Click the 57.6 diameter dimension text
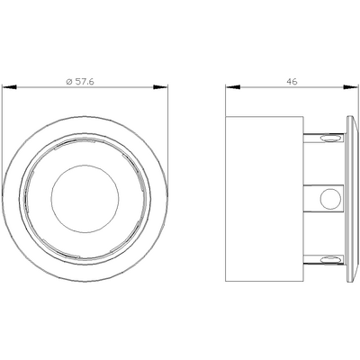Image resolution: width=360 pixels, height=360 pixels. tap(86, 81)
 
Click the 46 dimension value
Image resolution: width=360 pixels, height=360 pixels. tap(291, 81)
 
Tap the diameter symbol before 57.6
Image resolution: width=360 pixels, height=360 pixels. tap(70, 81)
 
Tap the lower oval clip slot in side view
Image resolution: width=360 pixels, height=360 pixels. tap(330, 259)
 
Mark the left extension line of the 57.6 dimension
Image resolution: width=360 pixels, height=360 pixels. tap(5, 135)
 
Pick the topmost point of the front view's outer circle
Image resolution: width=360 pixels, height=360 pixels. tap(85, 114)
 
